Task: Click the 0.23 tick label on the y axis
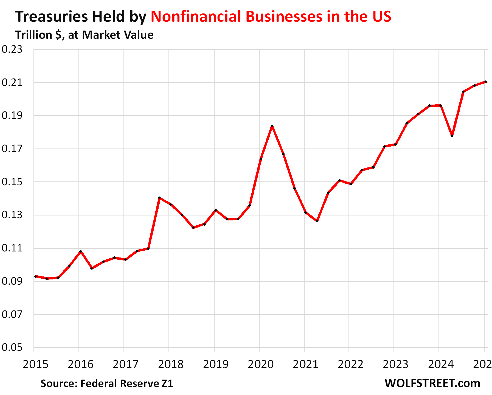tap(12, 50)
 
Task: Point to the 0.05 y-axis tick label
tap(12, 348)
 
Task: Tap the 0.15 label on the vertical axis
tap(12, 182)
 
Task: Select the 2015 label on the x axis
tap(35, 365)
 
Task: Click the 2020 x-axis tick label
tap(261, 365)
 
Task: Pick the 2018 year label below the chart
tap(171, 365)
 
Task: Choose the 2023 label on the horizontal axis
tap(396, 365)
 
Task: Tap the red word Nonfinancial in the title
tap(195, 16)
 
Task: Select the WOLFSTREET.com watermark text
tap(432, 383)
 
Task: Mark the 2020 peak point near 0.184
tap(272, 126)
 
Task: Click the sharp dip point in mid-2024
tap(452, 136)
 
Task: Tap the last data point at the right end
tap(486, 82)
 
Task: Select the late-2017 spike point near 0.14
tap(159, 198)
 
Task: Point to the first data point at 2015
tap(36, 276)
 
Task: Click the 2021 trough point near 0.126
tap(317, 221)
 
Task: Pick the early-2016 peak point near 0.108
tap(80, 251)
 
